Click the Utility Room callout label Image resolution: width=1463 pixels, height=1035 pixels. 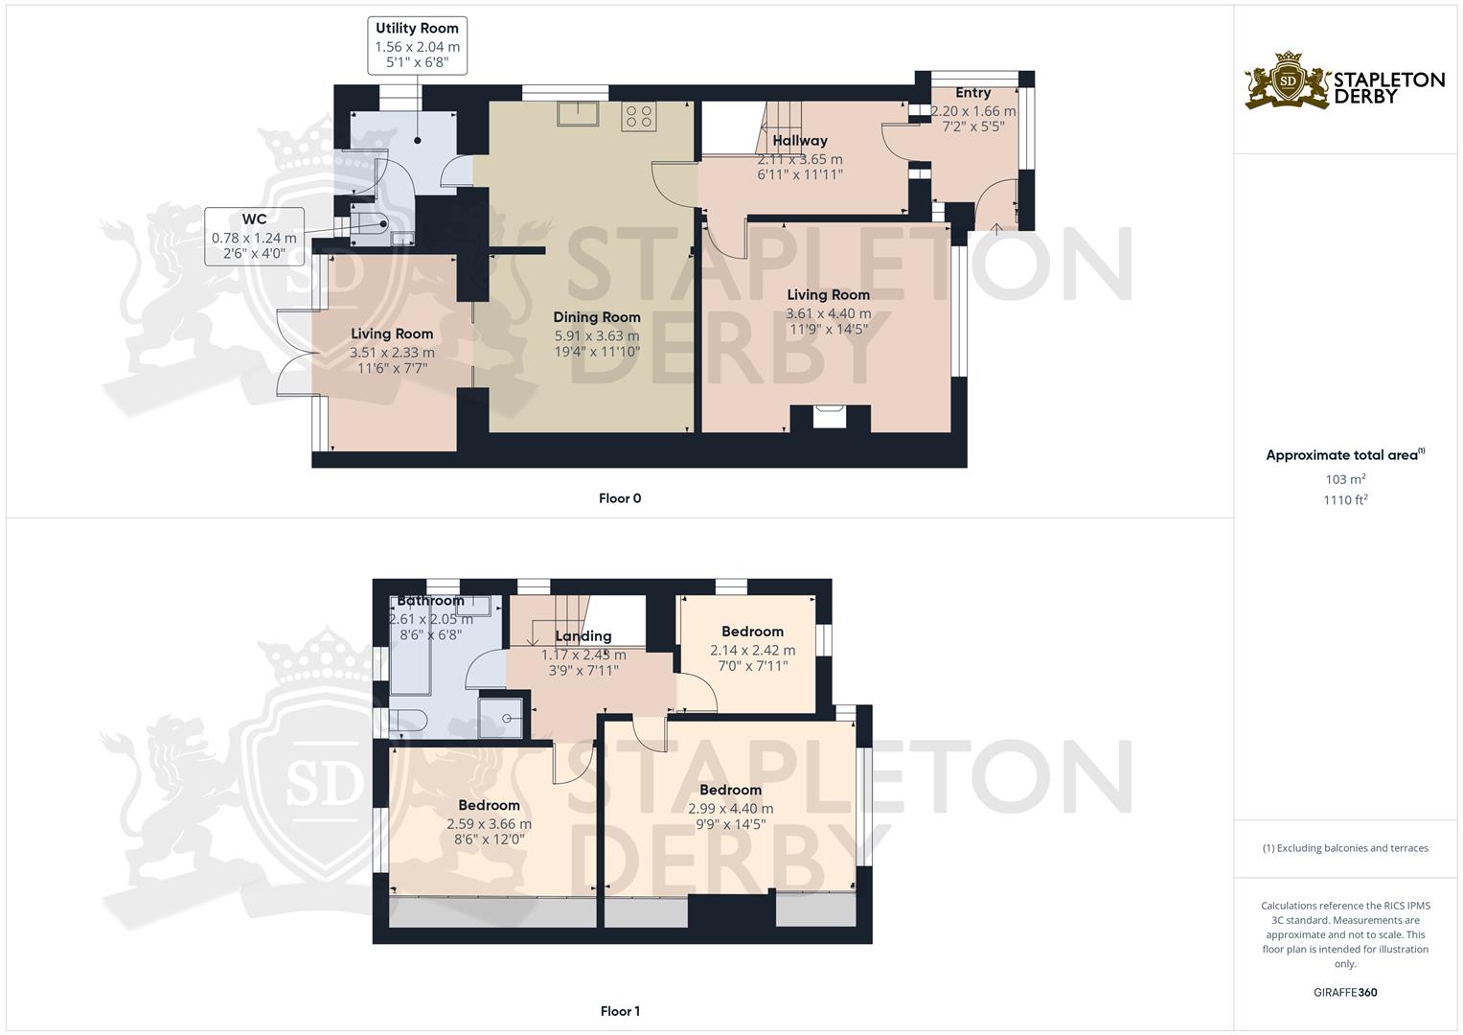417,45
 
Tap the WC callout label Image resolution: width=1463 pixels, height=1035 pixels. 254,237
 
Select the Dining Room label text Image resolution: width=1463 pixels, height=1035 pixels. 596,317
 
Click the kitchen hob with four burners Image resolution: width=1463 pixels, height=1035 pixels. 639,116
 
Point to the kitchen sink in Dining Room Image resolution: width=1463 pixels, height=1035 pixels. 579,113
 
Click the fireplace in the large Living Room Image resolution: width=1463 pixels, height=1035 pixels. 830,417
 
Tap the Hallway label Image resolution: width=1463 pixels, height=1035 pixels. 800,141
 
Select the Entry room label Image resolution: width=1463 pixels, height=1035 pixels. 972,93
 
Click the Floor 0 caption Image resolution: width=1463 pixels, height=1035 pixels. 619,498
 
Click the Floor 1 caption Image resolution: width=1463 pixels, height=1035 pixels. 619,1011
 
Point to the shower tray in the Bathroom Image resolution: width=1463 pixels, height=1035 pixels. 501,716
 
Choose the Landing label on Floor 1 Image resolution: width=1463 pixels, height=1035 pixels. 583,636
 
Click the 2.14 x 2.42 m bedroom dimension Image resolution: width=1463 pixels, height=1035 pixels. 752,650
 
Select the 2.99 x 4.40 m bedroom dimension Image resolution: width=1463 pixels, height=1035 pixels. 730,808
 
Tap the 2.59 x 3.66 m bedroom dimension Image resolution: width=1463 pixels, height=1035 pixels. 489,823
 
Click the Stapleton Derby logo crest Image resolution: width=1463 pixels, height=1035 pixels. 1288,81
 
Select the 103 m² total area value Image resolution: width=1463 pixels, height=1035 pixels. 1345,479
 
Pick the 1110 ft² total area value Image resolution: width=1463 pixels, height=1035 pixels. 1345,499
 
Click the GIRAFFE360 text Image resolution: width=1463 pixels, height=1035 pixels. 1345,992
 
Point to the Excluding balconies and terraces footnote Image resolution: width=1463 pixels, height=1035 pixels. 1345,848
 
